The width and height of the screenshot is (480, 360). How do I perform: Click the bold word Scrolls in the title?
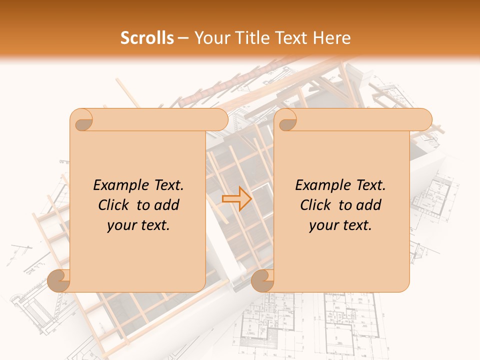[147, 38]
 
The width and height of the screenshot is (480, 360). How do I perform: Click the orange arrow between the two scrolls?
[237, 199]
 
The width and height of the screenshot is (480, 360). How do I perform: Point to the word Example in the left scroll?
[116, 185]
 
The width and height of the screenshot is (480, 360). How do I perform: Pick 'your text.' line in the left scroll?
[138, 225]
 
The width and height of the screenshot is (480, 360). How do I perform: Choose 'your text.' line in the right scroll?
[340, 225]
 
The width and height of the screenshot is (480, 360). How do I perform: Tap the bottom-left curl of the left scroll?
[59, 280]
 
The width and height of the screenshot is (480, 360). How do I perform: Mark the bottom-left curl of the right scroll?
[262, 280]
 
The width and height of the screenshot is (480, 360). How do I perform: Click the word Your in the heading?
[210, 38]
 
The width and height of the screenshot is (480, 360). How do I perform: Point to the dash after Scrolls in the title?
[183, 38]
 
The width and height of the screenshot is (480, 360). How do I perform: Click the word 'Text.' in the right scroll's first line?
[366, 185]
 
